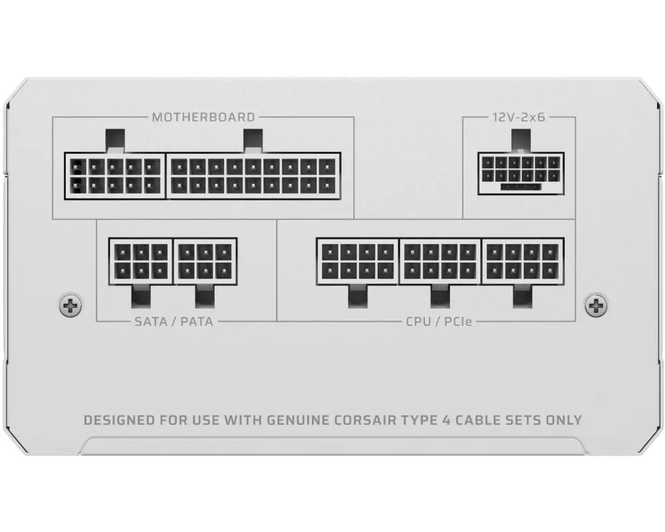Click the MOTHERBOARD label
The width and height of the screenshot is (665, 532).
click(x=203, y=117)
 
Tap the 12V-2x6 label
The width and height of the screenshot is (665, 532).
click(x=519, y=117)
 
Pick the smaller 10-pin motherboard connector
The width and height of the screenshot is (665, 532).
click(x=114, y=176)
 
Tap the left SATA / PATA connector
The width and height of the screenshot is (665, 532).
click(x=140, y=261)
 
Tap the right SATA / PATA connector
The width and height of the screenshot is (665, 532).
click(x=205, y=261)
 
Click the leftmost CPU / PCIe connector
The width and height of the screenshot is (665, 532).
click(x=358, y=261)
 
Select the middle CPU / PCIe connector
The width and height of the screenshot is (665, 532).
click(x=440, y=261)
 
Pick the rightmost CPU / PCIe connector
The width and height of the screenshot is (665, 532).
click(x=523, y=261)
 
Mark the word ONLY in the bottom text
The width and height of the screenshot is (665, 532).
click(x=563, y=420)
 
